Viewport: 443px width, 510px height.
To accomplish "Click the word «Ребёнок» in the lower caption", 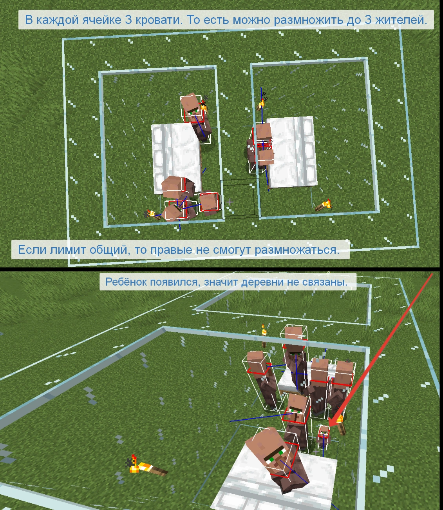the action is click(x=127, y=282).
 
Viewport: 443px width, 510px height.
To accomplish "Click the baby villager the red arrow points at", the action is click(x=324, y=438).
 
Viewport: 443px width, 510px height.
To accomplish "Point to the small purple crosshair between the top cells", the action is click(x=230, y=202).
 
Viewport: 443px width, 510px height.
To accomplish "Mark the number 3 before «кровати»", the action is click(x=128, y=20).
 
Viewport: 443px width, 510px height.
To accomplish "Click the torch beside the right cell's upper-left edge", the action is click(x=261, y=104).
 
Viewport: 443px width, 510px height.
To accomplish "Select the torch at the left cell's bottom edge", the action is click(x=152, y=214).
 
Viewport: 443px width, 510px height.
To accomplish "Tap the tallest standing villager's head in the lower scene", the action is click(x=294, y=336).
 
